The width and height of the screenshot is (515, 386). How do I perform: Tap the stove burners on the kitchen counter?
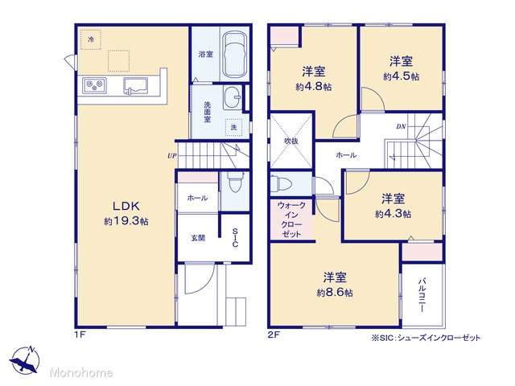coord(94,86)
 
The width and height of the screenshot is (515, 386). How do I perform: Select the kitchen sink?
coord(135,86)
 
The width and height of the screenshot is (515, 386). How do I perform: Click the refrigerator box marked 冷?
coord(91,39)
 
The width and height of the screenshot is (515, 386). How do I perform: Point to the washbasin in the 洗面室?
coord(233,97)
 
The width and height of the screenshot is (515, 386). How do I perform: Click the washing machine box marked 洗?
coord(233,127)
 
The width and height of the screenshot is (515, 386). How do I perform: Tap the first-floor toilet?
coord(235,183)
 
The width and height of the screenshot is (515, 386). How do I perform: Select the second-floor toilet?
coord(281,183)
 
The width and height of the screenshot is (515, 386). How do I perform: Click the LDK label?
coord(126,206)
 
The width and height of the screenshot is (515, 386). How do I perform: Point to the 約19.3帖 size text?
coord(126,221)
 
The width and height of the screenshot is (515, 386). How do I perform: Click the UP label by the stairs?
coord(171,156)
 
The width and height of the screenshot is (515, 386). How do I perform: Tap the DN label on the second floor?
coord(401,126)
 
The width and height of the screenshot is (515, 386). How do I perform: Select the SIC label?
coord(235,238)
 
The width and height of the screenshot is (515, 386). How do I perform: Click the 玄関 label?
coord(198,238)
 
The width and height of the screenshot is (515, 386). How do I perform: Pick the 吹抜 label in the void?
coord(291,142)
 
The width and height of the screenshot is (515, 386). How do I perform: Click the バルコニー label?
coord(422,295)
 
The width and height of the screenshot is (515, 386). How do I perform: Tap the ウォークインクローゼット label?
coord(291,220)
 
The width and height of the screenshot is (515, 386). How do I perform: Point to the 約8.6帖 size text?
coord(335,292)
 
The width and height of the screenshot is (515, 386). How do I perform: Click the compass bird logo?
coord(25,359)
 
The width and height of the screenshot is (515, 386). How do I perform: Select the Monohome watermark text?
coord(81,372)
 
